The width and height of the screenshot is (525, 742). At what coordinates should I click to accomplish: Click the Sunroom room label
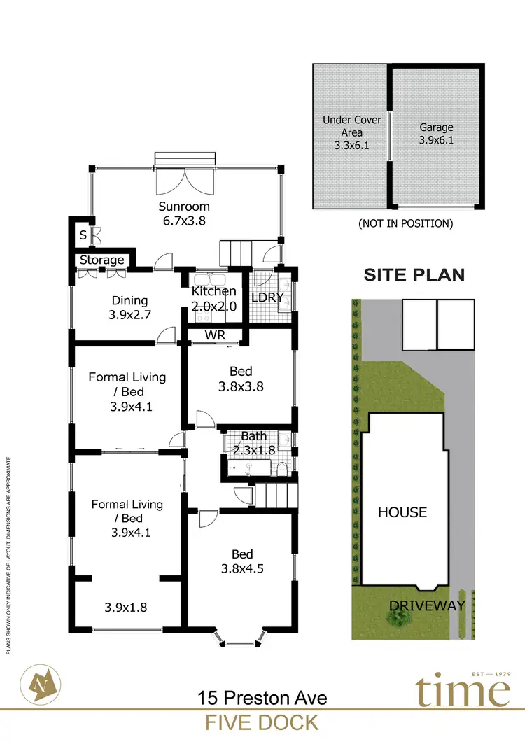point(184,213)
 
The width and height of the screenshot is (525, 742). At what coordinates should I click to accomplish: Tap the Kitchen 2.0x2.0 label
point(214,298)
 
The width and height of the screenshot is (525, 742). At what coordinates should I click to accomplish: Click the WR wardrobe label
point(215,335)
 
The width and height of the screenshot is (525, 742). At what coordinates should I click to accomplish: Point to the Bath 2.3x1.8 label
point(253,443)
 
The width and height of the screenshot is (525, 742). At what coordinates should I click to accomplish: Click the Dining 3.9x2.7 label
point(130,308)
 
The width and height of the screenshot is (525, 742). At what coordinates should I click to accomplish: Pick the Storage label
point(102,260)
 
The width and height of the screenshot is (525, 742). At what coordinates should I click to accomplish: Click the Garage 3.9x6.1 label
point(437,134)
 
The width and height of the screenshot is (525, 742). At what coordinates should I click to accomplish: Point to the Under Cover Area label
point(352,133)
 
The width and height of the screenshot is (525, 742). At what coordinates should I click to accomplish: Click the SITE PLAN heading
point(414,274)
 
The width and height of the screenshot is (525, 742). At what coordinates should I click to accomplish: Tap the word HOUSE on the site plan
point(402,512)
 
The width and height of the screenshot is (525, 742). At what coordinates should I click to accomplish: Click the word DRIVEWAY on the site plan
point(428,605)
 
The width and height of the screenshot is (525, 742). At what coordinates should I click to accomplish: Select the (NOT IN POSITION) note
point(405,224)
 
